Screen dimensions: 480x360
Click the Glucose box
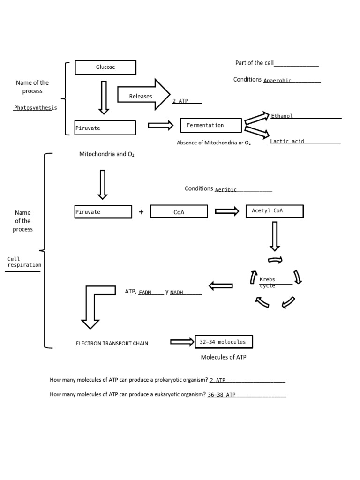(105, 67)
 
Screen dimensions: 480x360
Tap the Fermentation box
(211, 125)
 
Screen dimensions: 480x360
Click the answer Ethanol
(282, 116)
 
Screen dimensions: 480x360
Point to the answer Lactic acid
(287, 141)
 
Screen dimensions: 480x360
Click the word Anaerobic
(277, 81)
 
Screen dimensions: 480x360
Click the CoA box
(179, 212)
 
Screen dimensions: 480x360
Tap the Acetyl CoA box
(274, 211)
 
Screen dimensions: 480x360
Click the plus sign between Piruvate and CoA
(141, 212)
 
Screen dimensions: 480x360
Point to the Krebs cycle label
(268, 282)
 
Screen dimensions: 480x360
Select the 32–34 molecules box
(223, 342)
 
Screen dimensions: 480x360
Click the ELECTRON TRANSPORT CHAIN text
(112, 343)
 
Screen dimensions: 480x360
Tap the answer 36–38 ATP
(222, 395)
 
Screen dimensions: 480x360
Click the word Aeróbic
(226, 190)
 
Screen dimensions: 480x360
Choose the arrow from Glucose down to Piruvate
(104, 97)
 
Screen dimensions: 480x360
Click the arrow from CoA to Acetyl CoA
(227, 211)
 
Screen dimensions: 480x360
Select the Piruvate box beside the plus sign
(103, 212)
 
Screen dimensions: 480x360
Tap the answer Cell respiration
(24, 262)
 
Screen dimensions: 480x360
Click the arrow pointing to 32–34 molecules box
(182, 342)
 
